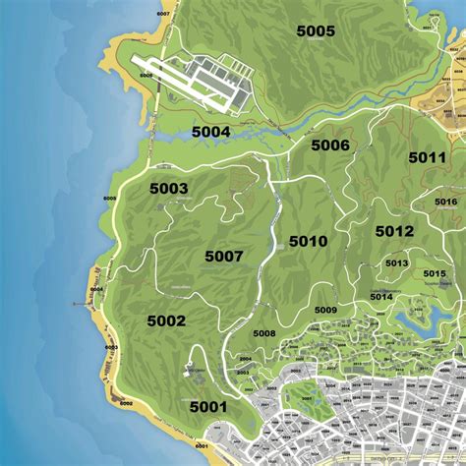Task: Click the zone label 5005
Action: pos(316,30)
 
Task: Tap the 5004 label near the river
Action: pos(210,132)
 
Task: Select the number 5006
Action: pos(330,146)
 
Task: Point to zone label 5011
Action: pos(428,157)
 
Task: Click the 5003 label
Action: pos(168,188)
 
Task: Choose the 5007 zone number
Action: pos(223,257)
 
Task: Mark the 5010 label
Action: pos(308,241)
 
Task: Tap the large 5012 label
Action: pos(394,231)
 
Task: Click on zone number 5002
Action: pos(166,320)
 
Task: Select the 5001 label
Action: pos(208,406)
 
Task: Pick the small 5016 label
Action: pos(446,202)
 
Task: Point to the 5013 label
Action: pos(396,263)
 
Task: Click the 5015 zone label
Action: pos(434,273)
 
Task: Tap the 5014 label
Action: pos(380,296)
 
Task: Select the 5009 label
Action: pos(325,310)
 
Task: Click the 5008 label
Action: pos(263,333)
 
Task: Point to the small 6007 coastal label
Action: pos(162,14)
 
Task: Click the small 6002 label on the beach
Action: pos(125,403)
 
